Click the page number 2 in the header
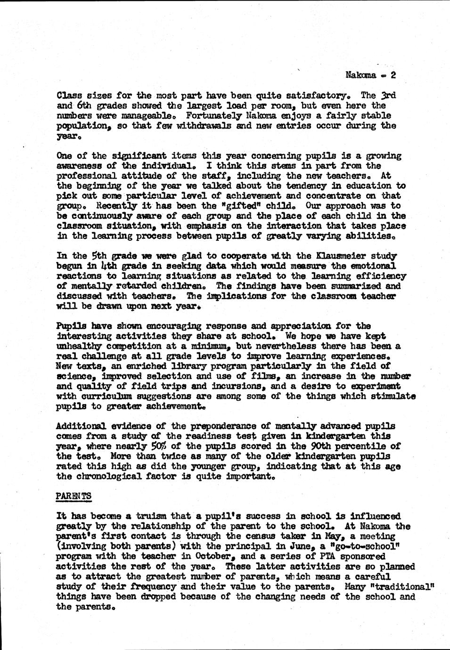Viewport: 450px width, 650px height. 393,75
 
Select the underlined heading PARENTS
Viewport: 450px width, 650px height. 74,496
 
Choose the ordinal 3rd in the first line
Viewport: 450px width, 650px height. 388,96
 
